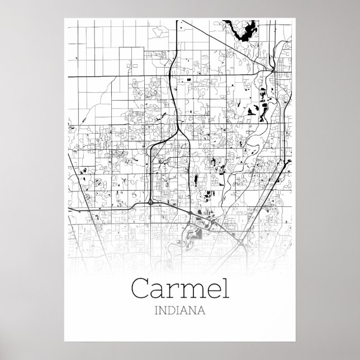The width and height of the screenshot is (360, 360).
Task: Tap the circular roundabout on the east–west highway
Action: [151, 201]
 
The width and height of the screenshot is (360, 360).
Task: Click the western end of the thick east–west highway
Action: [69, 208]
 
